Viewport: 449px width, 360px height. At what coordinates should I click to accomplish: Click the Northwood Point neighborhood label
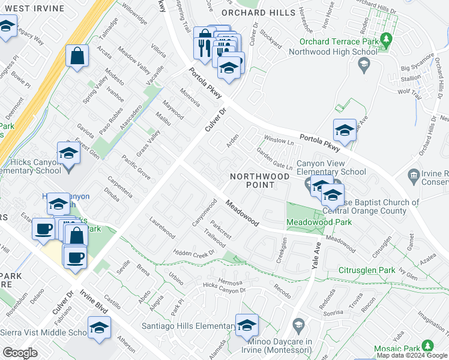261,181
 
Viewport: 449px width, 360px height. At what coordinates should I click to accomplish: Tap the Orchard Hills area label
259,12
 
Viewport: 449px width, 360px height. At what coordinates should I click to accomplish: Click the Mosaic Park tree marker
428,346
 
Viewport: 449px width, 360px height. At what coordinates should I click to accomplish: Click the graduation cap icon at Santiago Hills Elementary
246,326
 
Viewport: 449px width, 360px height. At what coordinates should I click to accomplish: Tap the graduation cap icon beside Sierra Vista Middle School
99,328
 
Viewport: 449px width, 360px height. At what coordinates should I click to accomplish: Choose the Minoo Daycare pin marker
299,326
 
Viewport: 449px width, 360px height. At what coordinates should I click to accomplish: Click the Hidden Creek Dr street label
194,254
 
